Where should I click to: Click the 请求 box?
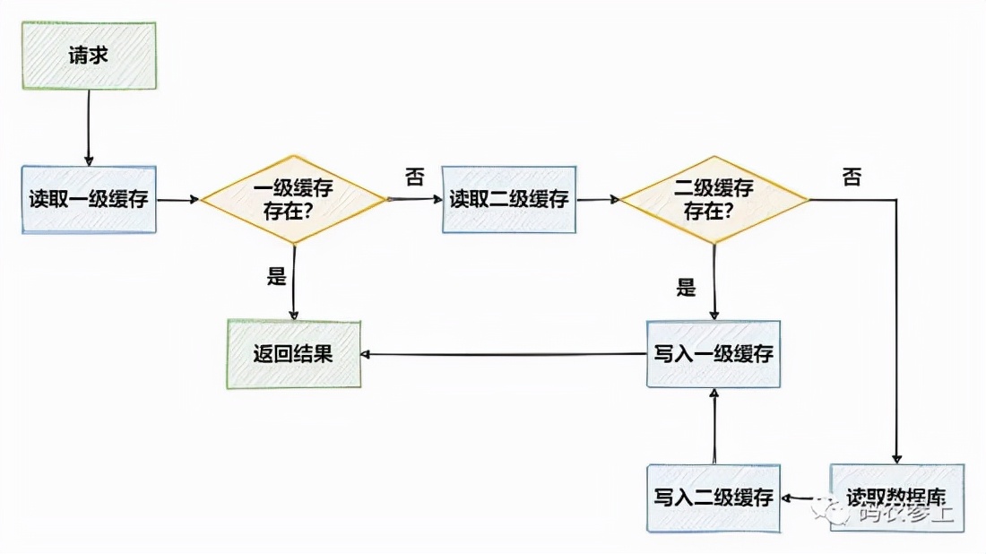pyautogui.click(x=89, y=56)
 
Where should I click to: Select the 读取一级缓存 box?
pyautogui.click(x=89, y=199)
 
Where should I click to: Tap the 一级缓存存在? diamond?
pyautogui.click(x=293, y=199)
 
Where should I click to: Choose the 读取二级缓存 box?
pyautogui.click(x=509, y=199)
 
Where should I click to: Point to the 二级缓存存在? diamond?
pyautogui.click(x=714, y=199)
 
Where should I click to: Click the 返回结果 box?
pyautogui.click(x=293, y=353)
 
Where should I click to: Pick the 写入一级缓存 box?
pyautogui.click(x=714, y=353)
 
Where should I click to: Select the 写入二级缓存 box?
pyautogui.click(x=714, y=498)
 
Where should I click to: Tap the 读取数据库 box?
pyautogui.click(x=897, y=498)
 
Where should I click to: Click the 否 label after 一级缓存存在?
pyautogui.click(x=414, y=177)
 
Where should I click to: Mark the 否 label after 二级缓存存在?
pyautogui.click(x=852, y=177)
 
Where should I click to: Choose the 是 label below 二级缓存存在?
pyautogui.click(x=686, y=289)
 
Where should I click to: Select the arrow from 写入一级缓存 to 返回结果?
pyautogui.click(x=502, y=354)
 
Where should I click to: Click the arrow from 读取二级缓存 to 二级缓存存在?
pyautogui.click(x=598, y=200)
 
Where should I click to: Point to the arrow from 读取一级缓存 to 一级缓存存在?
pyautogui.click(x=177, y=200)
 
